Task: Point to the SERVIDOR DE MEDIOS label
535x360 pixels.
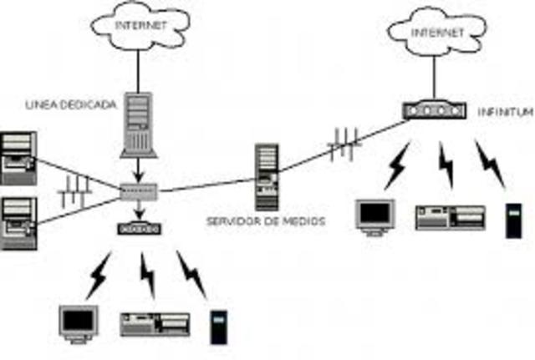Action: coord(265,221)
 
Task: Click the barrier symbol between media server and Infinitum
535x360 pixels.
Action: coord(344,144)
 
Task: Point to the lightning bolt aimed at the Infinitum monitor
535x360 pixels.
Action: coord(396,165)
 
